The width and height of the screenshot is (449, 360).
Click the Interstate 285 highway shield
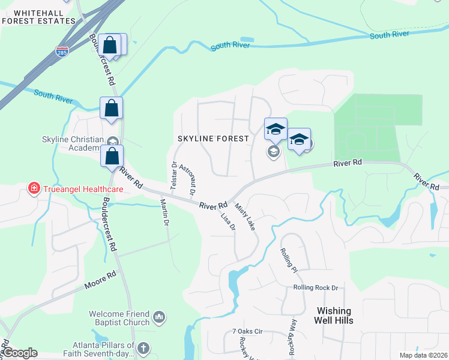[x=62, y=52]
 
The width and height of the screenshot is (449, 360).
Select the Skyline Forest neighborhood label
[x=213, y=139]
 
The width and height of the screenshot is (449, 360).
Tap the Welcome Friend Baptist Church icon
[x=159, y=316]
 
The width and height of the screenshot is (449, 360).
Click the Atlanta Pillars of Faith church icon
[x=143, y=348]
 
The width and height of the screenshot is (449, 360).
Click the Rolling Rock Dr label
[x=316, y=288]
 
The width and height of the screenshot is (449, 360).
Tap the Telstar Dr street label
[x=173, y=176]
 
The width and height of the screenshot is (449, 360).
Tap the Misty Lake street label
[x=245, y=217]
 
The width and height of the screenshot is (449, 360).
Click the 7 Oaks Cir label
[x=248, y=331]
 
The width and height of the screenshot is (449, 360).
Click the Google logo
[x=19, y=353]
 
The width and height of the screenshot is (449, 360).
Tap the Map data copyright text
[x=423, y=355]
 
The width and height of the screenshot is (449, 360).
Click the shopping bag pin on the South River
[x=112, y=109]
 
